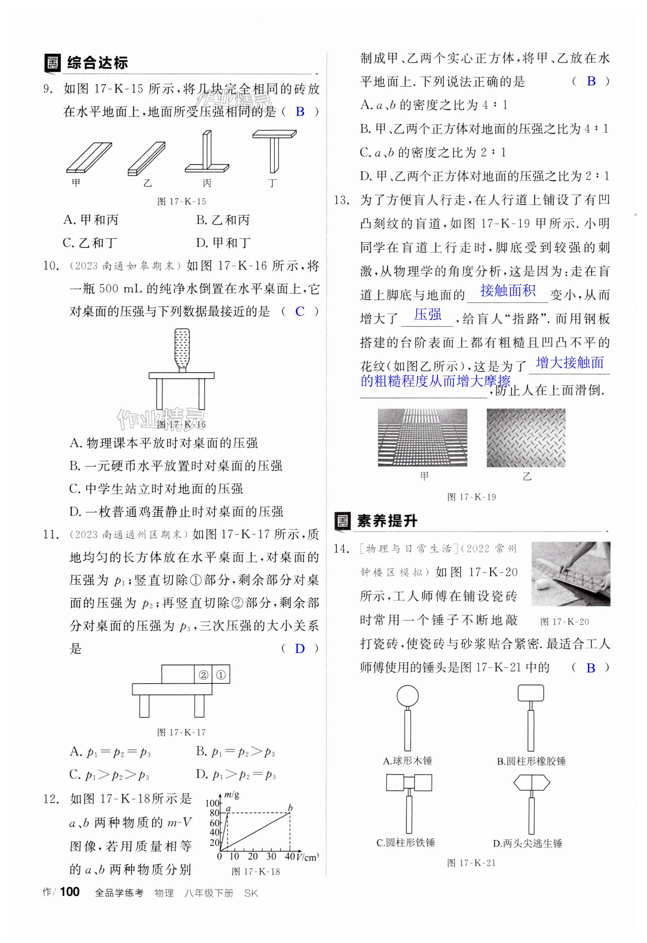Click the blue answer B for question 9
tap(300, 112)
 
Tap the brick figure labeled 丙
tap(207, 154)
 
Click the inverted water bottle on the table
tap(182, 349)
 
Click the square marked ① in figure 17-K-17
tap(221, 674)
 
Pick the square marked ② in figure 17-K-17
tap(203, 674)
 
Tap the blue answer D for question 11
tap(300, 649)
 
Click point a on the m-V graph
tap(228, 812)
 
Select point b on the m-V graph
tap(290, 812)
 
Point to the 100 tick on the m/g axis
tap(212, 803)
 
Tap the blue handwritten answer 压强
tap(428, 314)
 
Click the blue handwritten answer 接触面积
tap(507, 291)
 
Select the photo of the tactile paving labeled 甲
tap(423, 437)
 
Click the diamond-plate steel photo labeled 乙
tap(526, 437)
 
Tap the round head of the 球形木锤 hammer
tap(407, 696)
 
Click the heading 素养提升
tap(387, 521)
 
